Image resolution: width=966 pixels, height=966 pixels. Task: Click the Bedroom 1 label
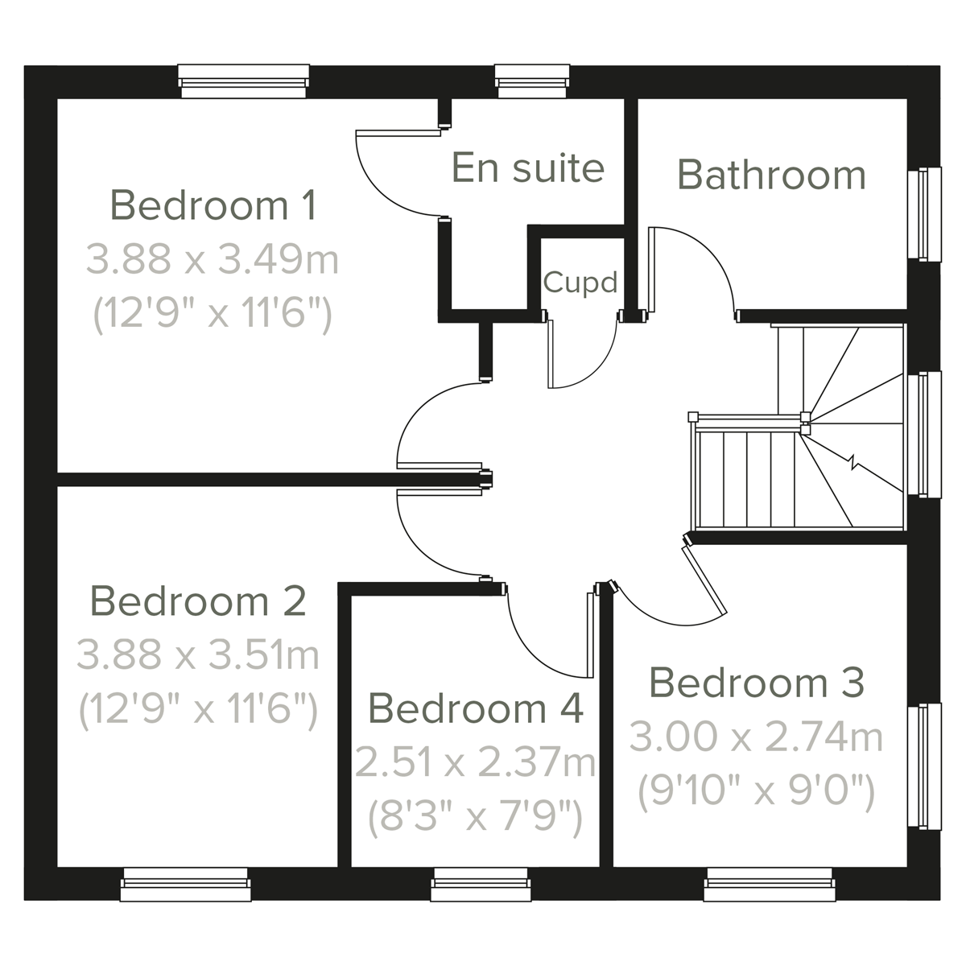click(213, 205)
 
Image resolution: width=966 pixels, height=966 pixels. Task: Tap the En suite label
click(527, 167)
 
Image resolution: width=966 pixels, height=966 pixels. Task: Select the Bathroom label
click(771, 175)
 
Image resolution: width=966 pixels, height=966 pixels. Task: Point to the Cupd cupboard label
click(580, 283)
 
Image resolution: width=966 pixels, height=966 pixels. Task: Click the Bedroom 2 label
click(198, 601)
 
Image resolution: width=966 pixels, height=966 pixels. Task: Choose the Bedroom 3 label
click(756, 683)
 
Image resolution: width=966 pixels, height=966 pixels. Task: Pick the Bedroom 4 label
click(475, 708)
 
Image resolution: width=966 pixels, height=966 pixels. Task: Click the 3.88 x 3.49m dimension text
click(213, 260)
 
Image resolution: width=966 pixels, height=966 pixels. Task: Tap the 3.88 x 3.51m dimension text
click(198, 655)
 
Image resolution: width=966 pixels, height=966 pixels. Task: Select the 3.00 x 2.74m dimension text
click(756, 737)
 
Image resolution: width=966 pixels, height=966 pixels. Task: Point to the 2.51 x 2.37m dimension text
click(475, 763)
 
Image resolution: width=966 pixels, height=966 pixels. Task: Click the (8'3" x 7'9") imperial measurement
click(475, 818)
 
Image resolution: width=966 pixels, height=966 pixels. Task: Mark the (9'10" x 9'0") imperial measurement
click(756, 792)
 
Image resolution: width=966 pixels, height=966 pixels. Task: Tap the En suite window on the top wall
click(533, 81)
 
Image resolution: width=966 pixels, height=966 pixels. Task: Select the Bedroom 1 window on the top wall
click(243, 81)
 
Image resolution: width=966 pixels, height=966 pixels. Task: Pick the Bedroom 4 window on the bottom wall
click(480, 885)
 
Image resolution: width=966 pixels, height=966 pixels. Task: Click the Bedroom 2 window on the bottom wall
click(185, 885)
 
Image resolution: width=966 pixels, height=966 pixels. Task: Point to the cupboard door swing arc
click(601, 367)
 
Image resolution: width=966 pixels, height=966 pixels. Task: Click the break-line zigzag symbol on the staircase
click(855, 464)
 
